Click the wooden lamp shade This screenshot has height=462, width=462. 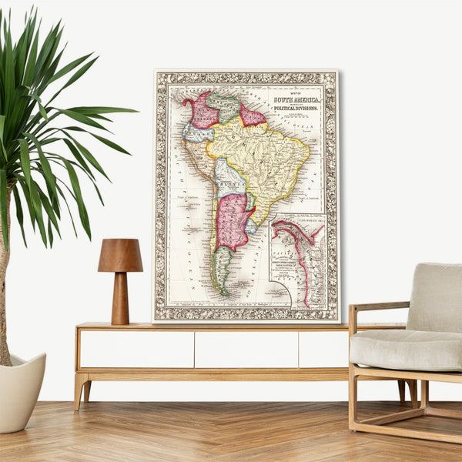[120, 256]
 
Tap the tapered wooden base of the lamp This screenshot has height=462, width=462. [120, 298]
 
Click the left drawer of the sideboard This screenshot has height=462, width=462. [136, 349]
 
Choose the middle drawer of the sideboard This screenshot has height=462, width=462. [246, 349]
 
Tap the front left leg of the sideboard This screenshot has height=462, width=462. [80, 389]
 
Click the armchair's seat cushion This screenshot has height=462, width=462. [405, 349]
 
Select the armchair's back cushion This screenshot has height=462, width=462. [435, 296]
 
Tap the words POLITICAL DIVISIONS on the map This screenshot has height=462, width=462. [296, 109]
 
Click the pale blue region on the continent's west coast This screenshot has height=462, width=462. [197, 133]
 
